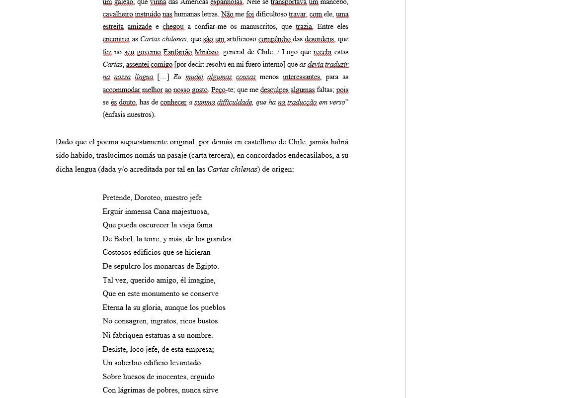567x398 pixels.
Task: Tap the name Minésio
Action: (x=207, y=52)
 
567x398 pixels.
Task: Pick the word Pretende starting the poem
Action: (x=117, y=198)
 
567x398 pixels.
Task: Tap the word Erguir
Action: (x=112, y=211)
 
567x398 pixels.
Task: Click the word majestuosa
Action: (x=190, y=211)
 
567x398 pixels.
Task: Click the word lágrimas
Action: (x=134, y=390)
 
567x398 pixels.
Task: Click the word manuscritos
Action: (x=255, y=26)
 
